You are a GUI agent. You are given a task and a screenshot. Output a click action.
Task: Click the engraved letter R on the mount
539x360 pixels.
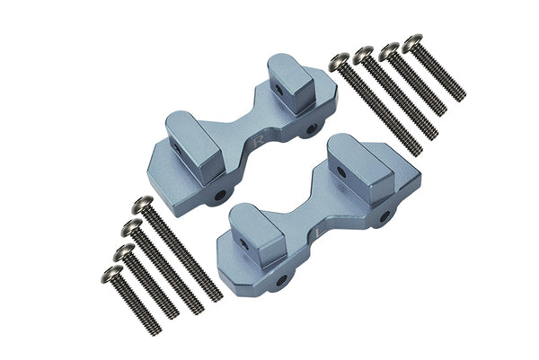[x=259, y=141]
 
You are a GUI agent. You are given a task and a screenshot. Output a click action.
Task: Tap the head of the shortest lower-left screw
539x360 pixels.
[x=112, y=273]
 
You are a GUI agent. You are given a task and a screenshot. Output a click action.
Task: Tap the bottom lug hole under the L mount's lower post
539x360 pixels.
[x=280, y=280]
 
